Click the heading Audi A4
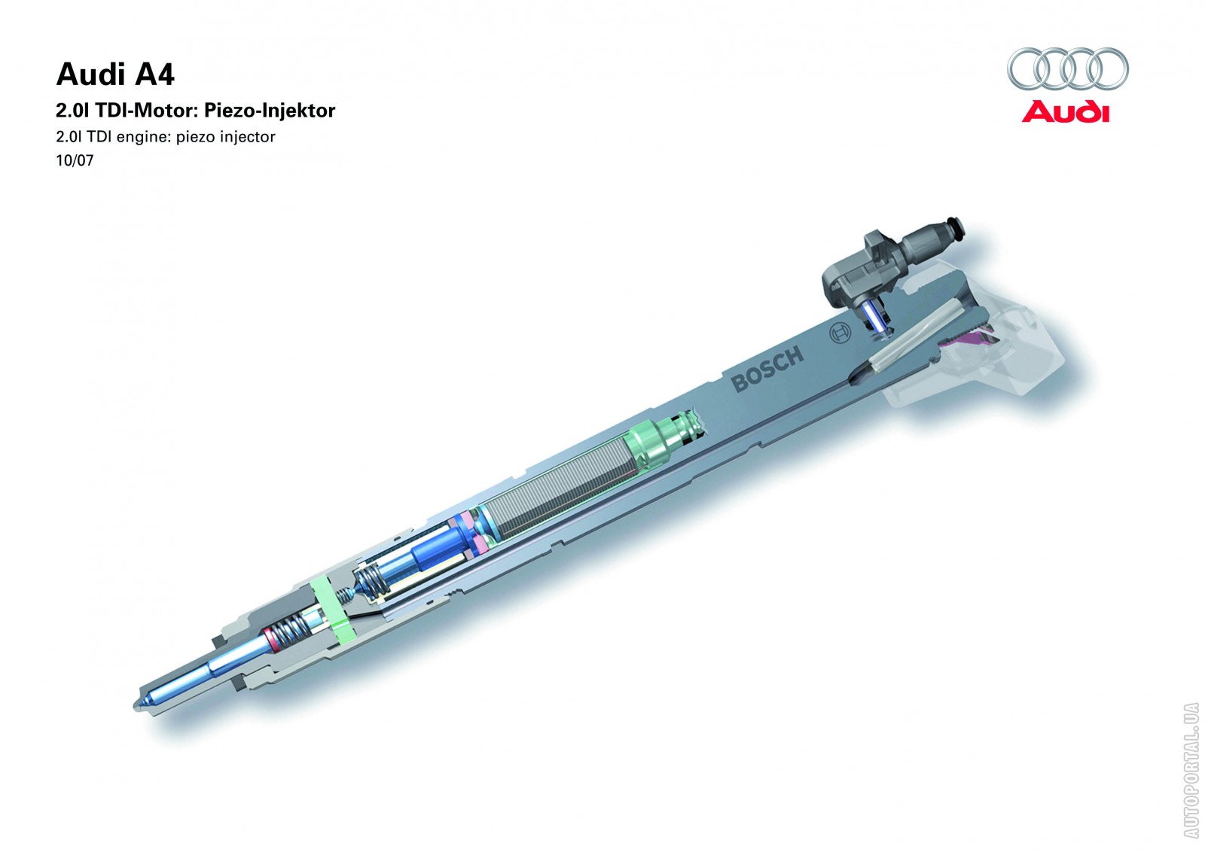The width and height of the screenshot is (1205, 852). coord(115,75)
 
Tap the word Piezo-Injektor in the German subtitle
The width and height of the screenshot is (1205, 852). coord(270,110)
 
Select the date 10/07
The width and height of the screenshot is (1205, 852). coord(75,160)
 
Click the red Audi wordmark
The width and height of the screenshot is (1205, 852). coord(1065,112)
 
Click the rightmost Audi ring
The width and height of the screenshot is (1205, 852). coord(1109,68)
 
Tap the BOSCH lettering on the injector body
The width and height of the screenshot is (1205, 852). coord(767,370)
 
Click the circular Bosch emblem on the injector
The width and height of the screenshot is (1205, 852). coord(840,334)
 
